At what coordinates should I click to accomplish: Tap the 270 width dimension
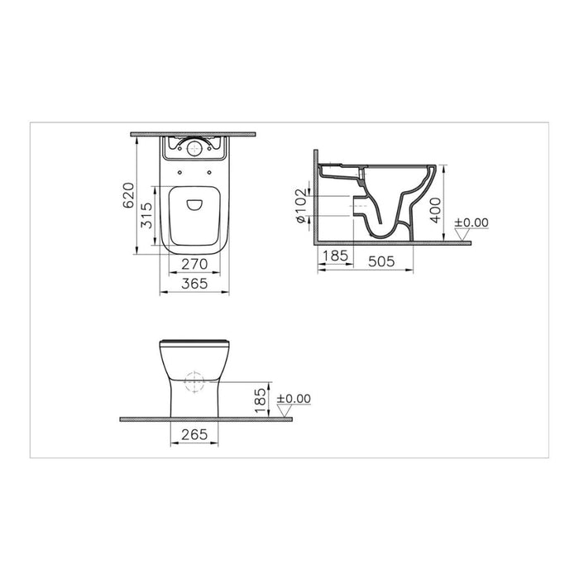point(193,265)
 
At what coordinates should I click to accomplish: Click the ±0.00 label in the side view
point(471,223)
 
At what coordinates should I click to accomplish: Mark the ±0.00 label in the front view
point(294,398)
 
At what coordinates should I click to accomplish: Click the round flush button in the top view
point(193,150)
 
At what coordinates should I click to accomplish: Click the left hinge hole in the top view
point(179,173)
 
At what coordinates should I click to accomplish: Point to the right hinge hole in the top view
point(208,173)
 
